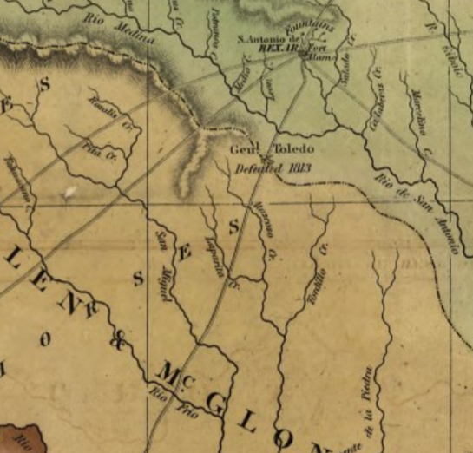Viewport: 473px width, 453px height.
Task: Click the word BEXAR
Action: [278, 50]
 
